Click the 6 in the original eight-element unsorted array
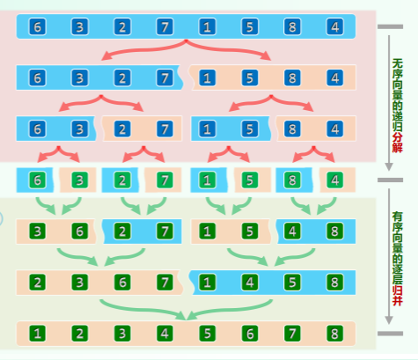point(37,26)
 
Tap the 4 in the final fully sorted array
point(165,334)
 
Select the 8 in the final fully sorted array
point(334,334)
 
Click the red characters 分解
point(397,143)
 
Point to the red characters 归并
point(397,296)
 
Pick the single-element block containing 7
point(164,180)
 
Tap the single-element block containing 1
point(209,180)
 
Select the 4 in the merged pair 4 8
point(292,231)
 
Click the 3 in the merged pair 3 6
point(37,231)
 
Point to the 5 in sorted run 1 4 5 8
point(292,283)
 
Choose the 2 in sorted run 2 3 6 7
point(37,283)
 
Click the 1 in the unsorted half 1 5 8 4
point(207,77)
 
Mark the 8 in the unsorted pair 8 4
point(292,129)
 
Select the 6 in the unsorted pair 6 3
point(37,129)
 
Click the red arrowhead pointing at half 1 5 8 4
point(267,55)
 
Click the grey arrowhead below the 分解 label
point(389,167)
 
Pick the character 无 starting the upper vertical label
point(398,63)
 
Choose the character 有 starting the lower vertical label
point(398,217)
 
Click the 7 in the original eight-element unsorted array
point(165,26)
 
